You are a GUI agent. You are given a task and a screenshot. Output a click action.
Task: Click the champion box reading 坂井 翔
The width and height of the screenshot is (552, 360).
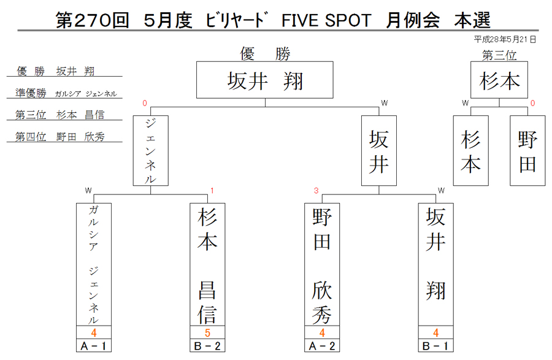coord(265,80)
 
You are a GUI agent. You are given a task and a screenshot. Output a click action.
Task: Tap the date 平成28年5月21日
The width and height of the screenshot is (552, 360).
coord(505,39)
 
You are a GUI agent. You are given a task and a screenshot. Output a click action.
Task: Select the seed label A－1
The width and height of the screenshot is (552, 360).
coord(94,346)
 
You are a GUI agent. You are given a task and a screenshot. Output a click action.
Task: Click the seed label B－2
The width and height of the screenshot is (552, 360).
coord(207,346)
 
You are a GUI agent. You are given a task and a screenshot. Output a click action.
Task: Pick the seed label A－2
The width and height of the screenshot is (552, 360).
coord(322,346)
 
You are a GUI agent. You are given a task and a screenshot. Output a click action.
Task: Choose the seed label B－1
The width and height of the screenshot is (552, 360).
coord(436,346)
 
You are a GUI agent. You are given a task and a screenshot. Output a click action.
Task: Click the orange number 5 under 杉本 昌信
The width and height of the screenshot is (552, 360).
coord(207,332)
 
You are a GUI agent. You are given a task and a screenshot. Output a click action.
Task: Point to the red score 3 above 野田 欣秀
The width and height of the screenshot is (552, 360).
coord(316,190)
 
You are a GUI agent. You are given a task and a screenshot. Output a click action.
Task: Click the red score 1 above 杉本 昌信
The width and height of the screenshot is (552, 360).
coord(212,190)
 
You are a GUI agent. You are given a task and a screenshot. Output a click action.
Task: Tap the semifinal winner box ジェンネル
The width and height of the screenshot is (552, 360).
coord(151,151)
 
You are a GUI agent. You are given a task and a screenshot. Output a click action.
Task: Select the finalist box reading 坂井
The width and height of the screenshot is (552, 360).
coord(379,151)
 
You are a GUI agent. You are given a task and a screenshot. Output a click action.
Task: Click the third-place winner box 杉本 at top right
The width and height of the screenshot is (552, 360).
coord(499,80)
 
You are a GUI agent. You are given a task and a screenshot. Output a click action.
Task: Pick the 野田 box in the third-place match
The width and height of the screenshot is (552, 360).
coord(527,151)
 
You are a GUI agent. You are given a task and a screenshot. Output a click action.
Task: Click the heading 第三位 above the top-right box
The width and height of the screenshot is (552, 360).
coord(499,55)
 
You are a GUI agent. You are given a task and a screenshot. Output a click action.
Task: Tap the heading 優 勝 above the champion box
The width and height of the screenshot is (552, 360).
coord(265,54)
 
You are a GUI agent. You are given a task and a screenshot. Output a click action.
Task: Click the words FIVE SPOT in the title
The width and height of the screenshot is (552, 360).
coord(326,20)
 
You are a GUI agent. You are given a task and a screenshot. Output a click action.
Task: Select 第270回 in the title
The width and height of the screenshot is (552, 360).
coord(93,20)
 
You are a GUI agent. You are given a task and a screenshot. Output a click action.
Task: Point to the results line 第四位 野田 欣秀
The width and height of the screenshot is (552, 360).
coord(60,137)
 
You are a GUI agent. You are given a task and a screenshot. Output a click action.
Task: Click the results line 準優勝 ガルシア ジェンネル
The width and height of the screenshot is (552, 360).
coord(66,93)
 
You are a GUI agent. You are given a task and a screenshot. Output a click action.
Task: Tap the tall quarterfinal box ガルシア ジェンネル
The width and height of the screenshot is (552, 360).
coord(94,264)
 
